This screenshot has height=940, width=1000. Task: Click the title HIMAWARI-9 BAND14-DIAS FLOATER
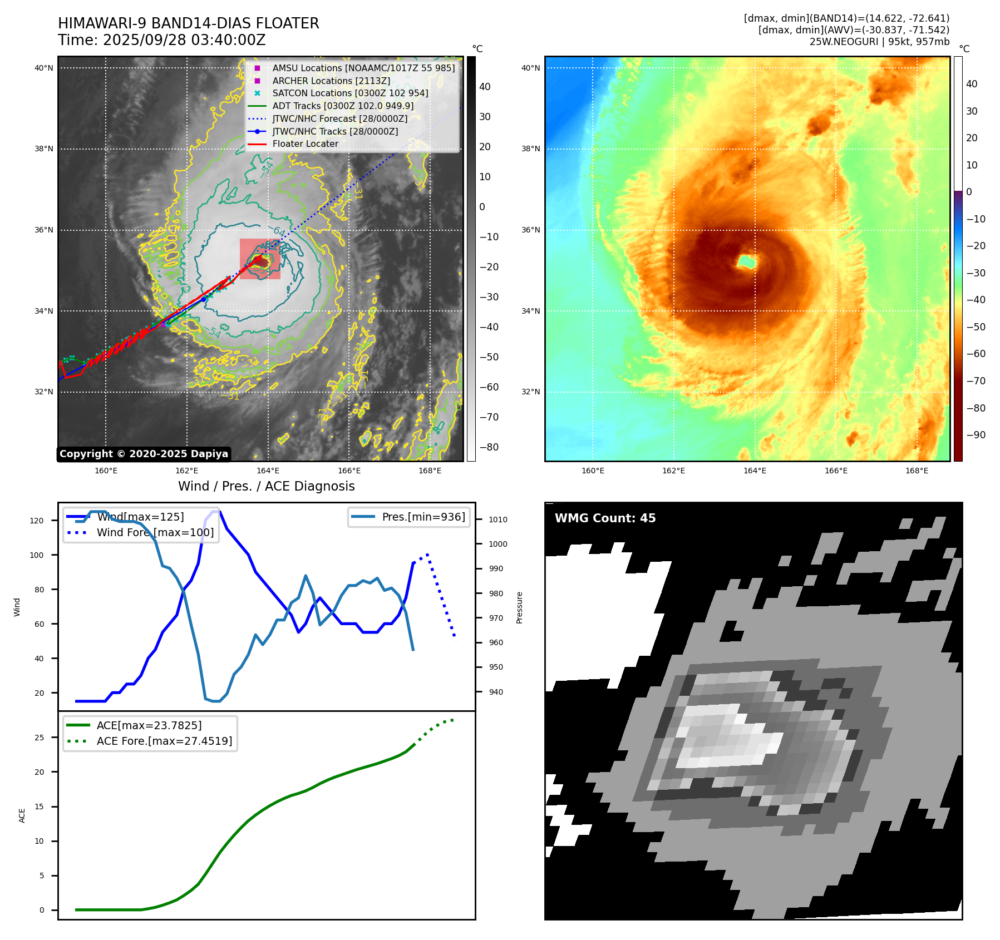[188, 23]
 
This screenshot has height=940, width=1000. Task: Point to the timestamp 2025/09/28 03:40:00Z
[184, 40]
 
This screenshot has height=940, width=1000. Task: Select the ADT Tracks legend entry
[343, 106]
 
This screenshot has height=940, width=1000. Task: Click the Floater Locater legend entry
[305, 144]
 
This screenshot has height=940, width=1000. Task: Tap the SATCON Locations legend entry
[350, 93]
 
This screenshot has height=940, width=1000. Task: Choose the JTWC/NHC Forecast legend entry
[339, 118]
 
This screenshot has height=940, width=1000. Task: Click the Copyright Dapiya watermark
[144, 454]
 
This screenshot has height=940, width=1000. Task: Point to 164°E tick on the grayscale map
[268, 471]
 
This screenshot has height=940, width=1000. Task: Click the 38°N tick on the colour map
[530, 149]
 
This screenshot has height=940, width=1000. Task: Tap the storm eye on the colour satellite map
[746, 261]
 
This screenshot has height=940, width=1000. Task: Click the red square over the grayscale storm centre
[260, 259]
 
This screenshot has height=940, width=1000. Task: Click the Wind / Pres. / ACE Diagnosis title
[266, 486]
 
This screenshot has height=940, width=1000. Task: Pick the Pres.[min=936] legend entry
[423, 517]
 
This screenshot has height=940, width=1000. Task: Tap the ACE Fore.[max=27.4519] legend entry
[164, 741]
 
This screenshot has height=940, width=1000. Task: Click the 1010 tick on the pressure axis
[498, 520]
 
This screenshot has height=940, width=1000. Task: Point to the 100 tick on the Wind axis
[37, 555]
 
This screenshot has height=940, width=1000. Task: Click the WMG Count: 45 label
[605, 518]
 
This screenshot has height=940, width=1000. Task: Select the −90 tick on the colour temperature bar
[976, 435]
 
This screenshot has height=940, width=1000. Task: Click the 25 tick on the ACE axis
[39, 738]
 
